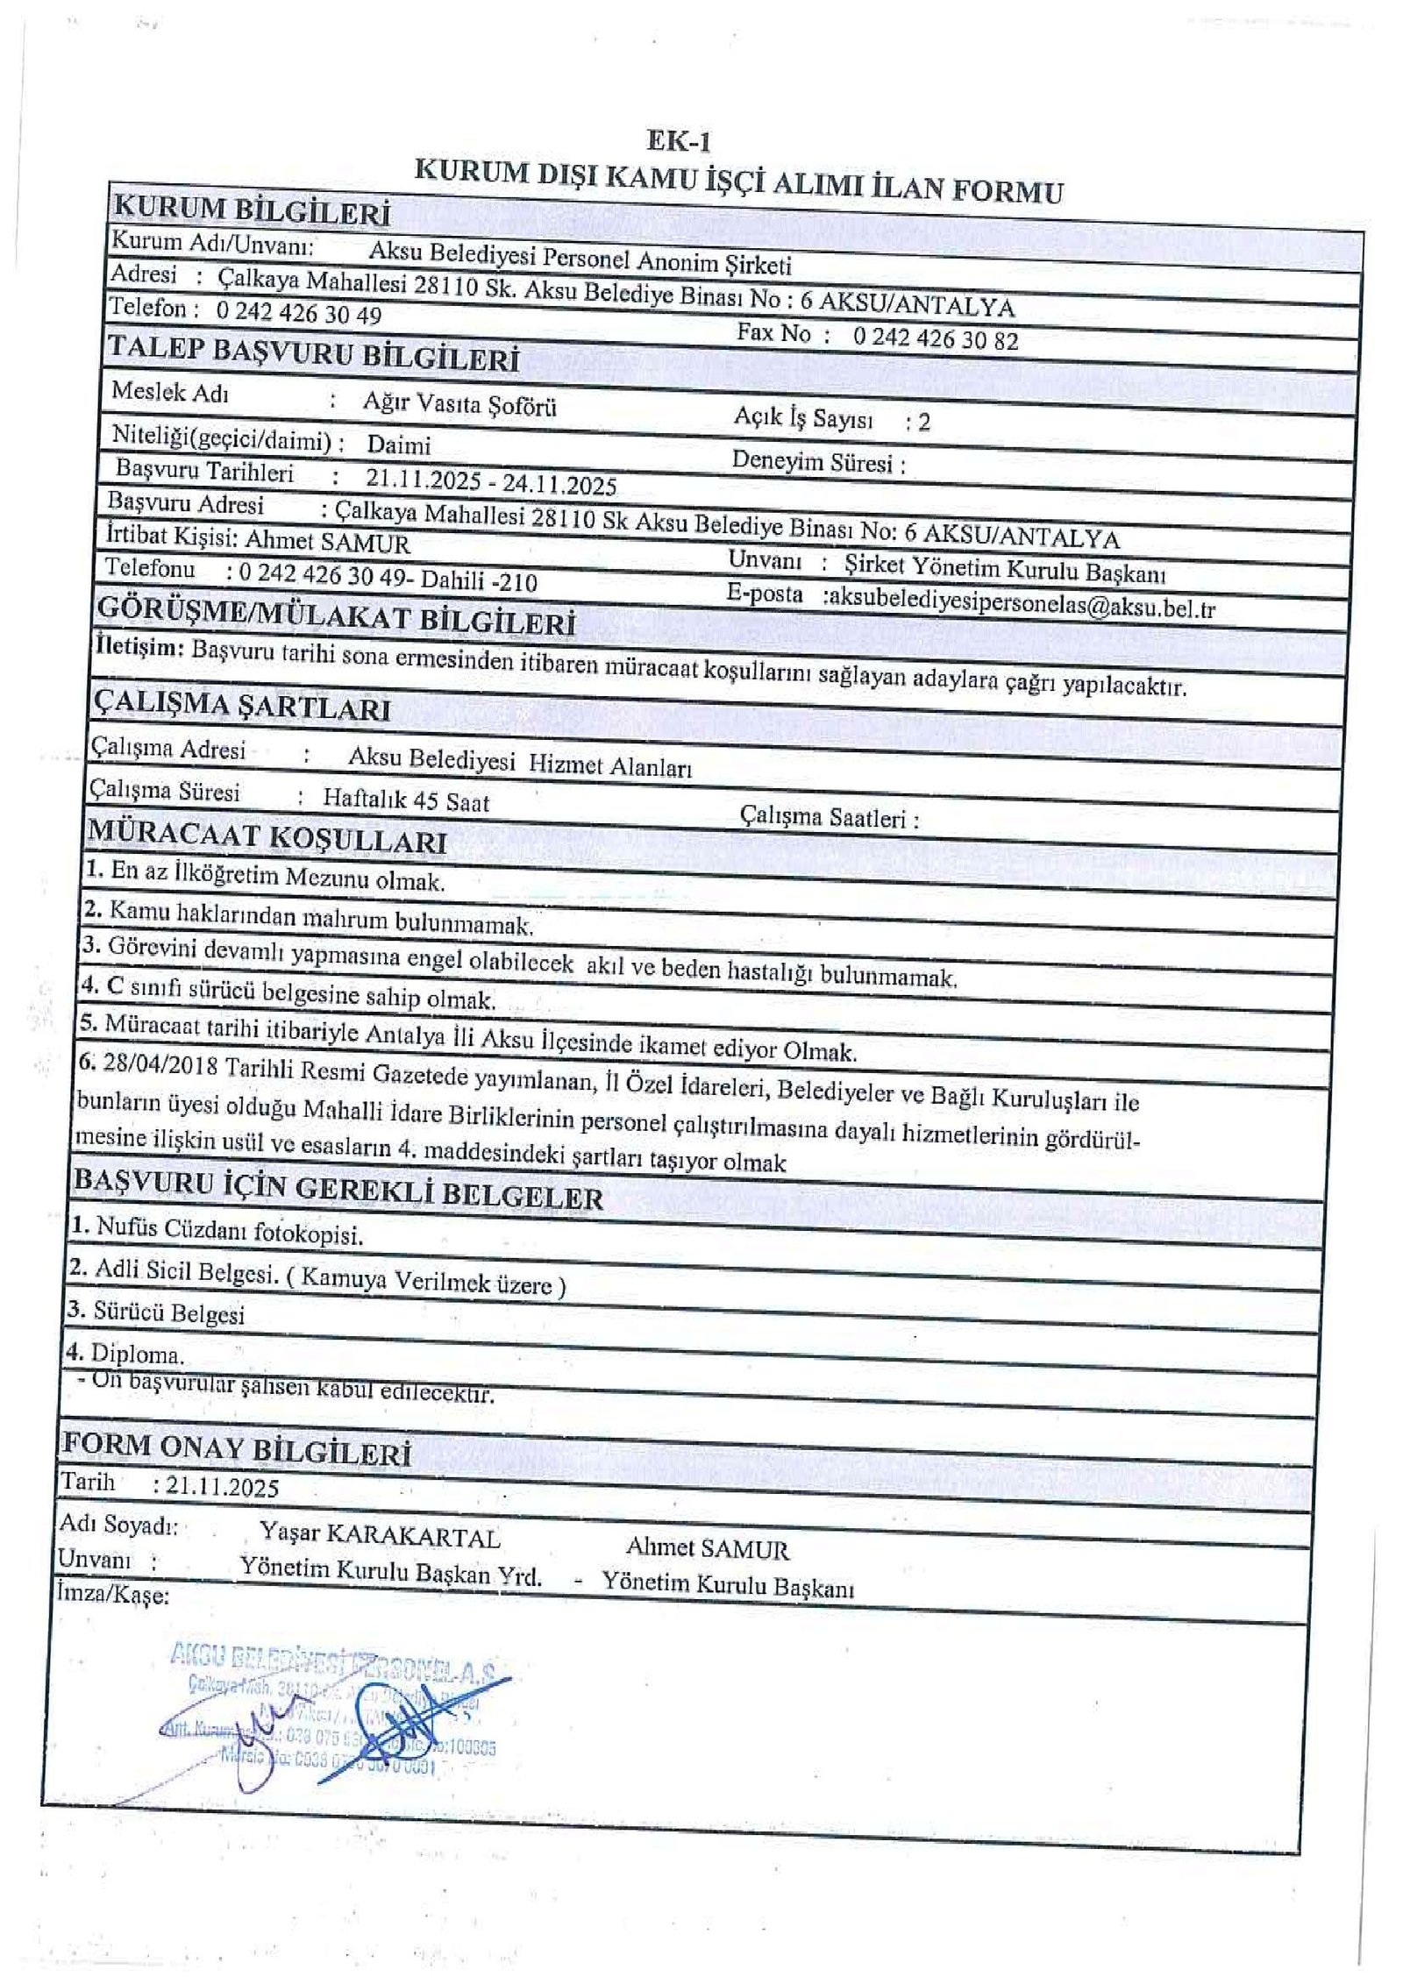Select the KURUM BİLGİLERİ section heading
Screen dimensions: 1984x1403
253,211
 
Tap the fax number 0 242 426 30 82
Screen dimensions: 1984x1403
935,338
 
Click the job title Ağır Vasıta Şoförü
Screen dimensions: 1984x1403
459,404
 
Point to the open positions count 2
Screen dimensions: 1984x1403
923,423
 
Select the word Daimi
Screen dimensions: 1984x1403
398,444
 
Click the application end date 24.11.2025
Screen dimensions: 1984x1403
559,485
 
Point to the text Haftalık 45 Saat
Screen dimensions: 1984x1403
406,800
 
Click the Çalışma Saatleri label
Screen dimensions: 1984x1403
829,818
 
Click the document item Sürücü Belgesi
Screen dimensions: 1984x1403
168,1312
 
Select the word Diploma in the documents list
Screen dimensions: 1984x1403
137,1355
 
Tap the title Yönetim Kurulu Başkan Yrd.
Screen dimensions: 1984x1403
391,1572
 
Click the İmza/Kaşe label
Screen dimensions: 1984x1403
112,1594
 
